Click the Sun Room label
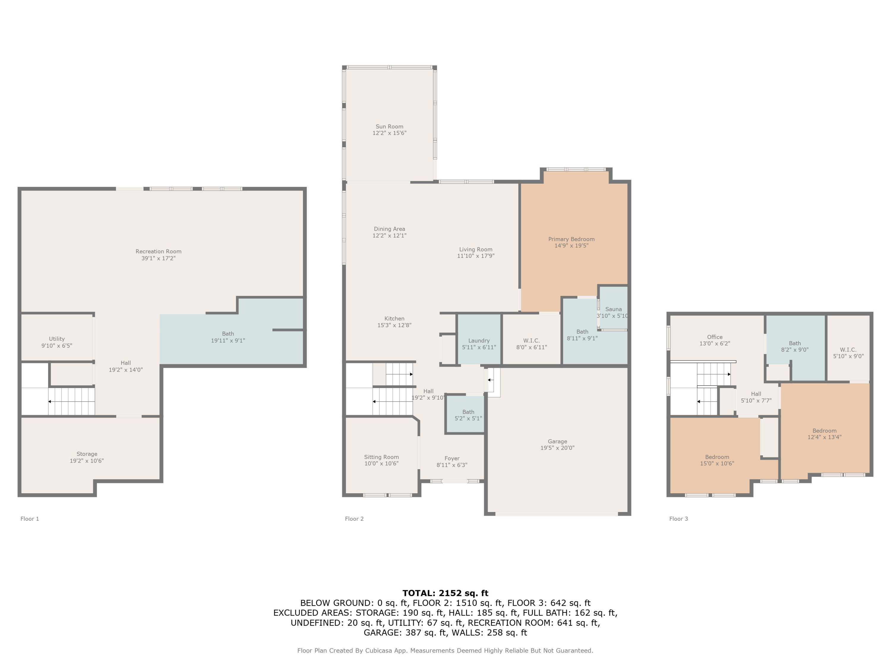pyautogui.click(x=389, y=127)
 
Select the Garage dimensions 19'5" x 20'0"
pyautogui.click(x=557, y=447)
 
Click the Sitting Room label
pyautogui.click(x=381, y=457)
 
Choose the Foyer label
pyautogui.click(x=452, y=458)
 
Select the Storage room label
pyautogui.click(x=87, y=454)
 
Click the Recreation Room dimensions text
pyautogui.click(x=158, y=258)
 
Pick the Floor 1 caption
pyautogui.click(x=30, y=519)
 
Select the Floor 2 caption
pyautogui.click(x=354, y=519)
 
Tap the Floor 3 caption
pyautogui.click(x=678, y=519)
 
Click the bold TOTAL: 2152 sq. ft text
pyautogui.click(x=445, y=593)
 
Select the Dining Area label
pyautogui.click(x=389, y=229)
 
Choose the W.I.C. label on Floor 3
pyautogui.click(x=848, y=350)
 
